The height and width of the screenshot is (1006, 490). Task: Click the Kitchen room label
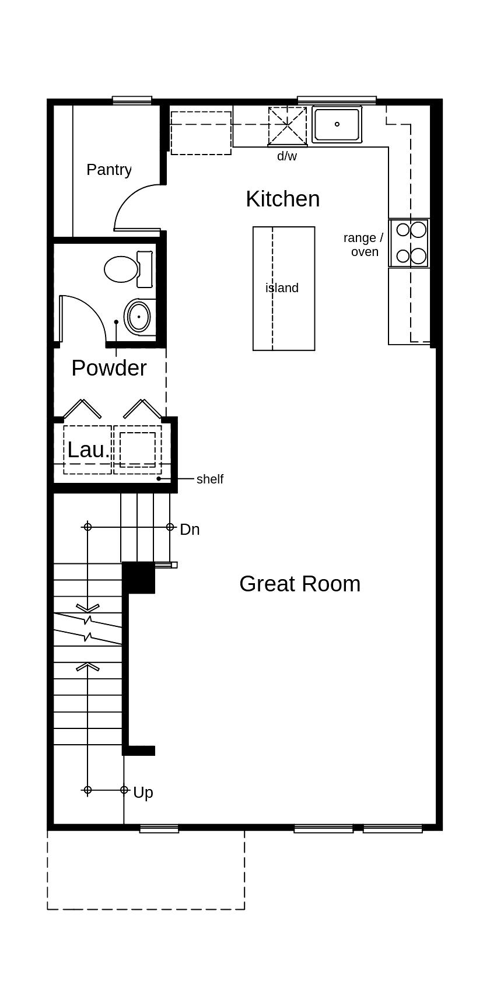pyautogui.click(x=283, y=199)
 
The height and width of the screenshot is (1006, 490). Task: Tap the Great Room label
pyautogui.click(x=300, y=584)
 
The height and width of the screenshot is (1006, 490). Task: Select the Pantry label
pyautogui.click(x=109, y=170)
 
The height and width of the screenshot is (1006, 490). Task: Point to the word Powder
pyautogui.click(x=109, y=368)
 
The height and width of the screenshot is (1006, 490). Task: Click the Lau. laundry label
pyautogui.click(x=88, y=450)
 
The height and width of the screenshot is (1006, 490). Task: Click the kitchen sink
pyautogui.click(x=337, y=124)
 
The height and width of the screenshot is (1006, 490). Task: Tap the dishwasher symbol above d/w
pyautogui.click(x=287, y=126)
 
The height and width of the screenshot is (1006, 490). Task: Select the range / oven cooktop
pyautogui.click(x=409, y=243)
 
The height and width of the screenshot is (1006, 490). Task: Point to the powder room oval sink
pyautogui.click(x=139, y=317)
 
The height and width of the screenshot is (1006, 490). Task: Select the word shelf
pyautogui.click(x=210, y=479)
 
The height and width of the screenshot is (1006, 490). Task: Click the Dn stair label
pyautogui.click(x=190, y=530)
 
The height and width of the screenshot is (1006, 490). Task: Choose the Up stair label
pyautogui.click(x=143, y=793)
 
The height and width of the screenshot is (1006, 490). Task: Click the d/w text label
pyautogui.click(x=287, y=156)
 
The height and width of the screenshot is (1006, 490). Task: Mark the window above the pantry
pyautogui.click(x=132, y=100)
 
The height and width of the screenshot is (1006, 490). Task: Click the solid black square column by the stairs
pyautogui.click(x=139, y=577)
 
